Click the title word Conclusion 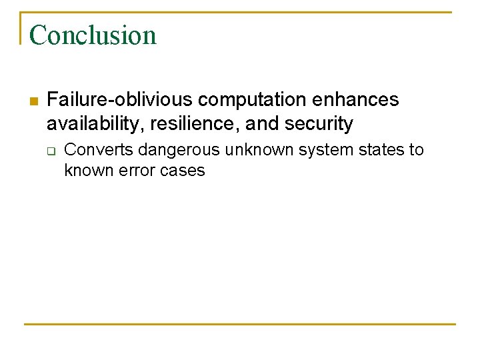[x=93, y=35]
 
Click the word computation [x=251, y=100]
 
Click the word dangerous [x=179, y=149]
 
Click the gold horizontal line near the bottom [x=240, y=325]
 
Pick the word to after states [x=416, y=149]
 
